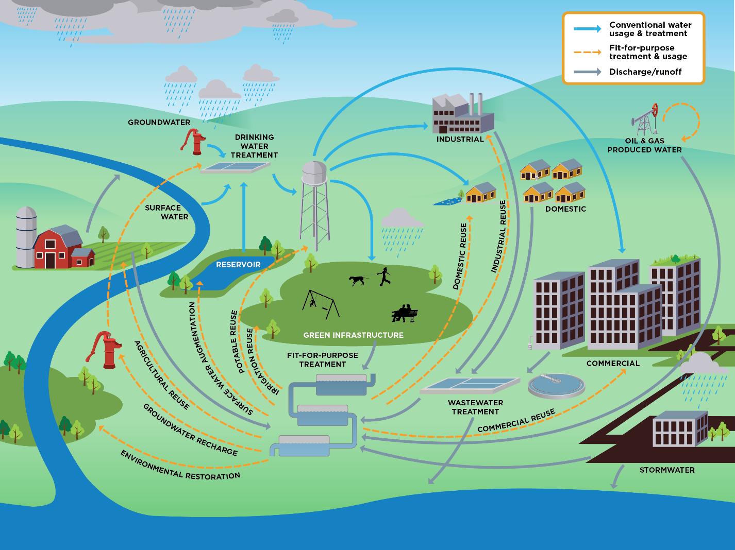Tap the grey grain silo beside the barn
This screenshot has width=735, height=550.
(x=26, y=237)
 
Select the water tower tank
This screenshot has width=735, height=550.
(x=314, y=172)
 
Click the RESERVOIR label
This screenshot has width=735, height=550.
(x=238, y=265)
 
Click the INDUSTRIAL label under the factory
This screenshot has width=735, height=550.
(x=460, y=139)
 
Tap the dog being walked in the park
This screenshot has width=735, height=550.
(x=357, y=280)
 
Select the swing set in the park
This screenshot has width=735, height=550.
(x=321, y=304)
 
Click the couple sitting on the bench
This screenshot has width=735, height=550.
(x=405, y=313)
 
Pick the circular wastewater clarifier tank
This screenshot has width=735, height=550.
(x=556, y=385)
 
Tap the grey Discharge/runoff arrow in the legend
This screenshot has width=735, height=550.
(x=588, y=72)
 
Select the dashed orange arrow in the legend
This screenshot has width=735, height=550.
(x=588, y=52)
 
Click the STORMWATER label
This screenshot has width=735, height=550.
(x=667, y=470)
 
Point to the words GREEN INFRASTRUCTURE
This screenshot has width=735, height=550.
(x=353, y=335)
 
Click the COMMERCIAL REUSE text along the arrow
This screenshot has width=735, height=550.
(x=516, y=420)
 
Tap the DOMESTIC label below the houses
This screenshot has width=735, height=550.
(x=565, y=209)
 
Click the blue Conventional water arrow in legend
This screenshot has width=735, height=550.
(x=588, y=29)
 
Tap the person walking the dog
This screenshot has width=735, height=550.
(x=384, y=277)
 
